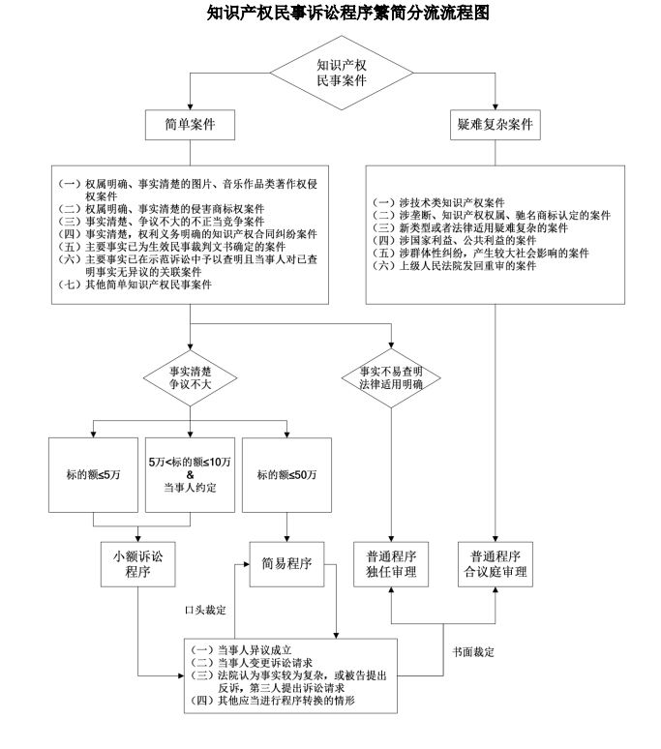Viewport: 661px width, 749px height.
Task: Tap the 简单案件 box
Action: pos(191,125)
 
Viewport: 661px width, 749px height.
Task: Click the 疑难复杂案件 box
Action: pos(496,125)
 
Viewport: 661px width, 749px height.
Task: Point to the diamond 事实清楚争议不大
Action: pos(191,374)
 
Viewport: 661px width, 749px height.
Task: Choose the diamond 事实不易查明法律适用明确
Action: pos(390,374)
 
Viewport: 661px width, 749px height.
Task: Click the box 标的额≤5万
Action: pos(92,474)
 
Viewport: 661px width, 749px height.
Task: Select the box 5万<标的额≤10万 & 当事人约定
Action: pos(191,474)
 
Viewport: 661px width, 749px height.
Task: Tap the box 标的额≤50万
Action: pos(286,474)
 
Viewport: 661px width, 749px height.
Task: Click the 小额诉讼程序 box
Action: pos(138,563)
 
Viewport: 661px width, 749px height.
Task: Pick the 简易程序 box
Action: pos(286,563)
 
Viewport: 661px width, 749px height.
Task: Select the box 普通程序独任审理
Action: pos(390,563)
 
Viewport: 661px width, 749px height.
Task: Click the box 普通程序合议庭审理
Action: pos(496,563)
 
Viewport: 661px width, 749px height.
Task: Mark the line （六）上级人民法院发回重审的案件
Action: pos(455,265)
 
